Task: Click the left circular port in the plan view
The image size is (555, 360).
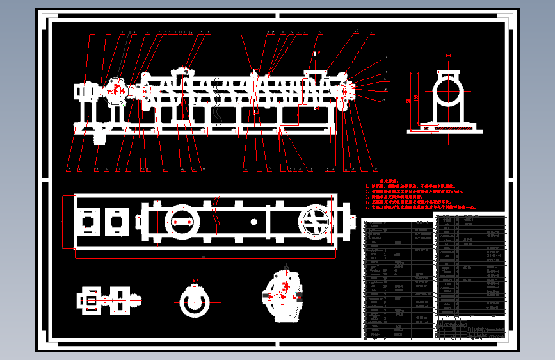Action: (x=181, y=221)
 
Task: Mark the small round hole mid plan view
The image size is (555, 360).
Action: (x=254, y=222)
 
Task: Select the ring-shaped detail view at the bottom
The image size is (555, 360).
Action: (x=196, y=300)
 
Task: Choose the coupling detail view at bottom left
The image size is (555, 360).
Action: (x=106, y=300)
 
